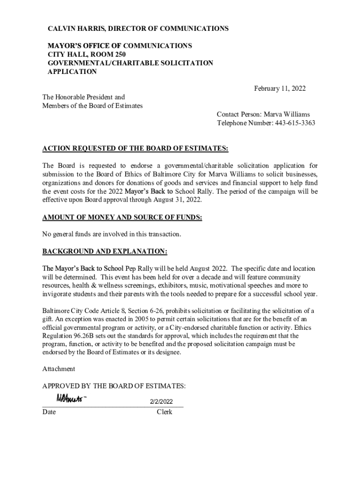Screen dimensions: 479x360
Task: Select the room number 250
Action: pos(119,54)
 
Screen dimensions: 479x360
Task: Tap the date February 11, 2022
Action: pos(280,88)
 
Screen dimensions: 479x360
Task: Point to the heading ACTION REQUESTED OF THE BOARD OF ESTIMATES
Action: pos(135,149)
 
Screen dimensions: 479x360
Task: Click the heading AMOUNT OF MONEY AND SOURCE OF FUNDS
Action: pos(122,218)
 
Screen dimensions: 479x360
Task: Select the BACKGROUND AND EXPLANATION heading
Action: pos(105,252)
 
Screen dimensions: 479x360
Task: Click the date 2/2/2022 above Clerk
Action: pos(161,402)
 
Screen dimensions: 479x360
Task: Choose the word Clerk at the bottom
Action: pos(165,412)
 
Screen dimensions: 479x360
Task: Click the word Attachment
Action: pos(58,369)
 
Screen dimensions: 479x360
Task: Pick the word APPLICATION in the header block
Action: pos(72,72)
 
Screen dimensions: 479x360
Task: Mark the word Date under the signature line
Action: pos(49,412)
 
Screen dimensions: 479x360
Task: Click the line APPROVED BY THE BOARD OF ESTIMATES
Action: pos(114,386)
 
